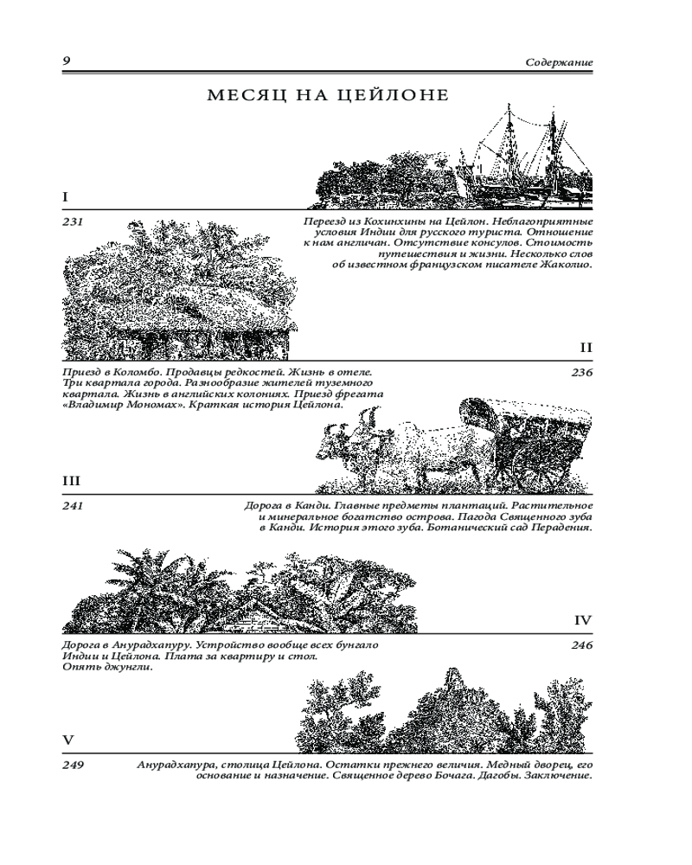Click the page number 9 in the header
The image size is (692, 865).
[67, 61]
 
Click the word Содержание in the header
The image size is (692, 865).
[559, 63]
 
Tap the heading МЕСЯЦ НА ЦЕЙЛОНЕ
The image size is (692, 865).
[329, 96]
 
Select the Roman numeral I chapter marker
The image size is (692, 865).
[65, 198]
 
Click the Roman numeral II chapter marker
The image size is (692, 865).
[586, 349]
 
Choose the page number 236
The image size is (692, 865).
[582, 373]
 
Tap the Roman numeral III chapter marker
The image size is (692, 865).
[71, 482]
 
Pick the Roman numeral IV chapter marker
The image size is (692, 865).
[583, 621]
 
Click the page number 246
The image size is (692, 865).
[582, 645]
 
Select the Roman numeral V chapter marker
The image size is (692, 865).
[68, 740]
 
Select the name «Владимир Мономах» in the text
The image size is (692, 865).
[122, 405]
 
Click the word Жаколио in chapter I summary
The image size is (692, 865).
[566, 266]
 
